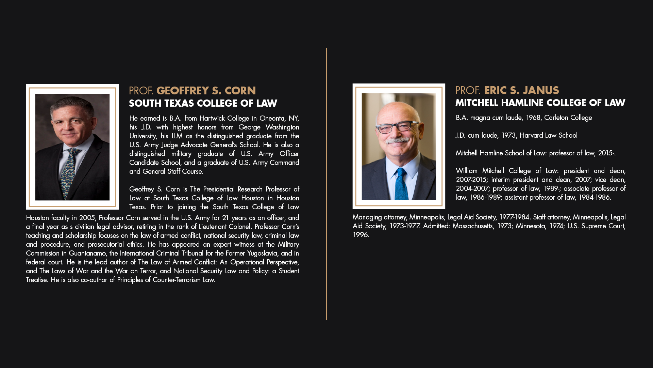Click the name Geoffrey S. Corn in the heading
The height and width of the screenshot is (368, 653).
pyautogui.click(x=206, y=91)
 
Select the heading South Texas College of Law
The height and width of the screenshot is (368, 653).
pyautogui.click(x=203, y=103)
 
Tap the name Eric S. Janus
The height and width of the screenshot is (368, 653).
pyautogui.click(x=521, y=90)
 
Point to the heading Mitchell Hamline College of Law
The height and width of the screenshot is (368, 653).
pyautogui.click(x=540, y=103)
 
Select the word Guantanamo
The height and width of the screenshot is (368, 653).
pyautogui.click(x=87, y=253)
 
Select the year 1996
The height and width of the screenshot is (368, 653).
pyautogui.click(x=360, y=235)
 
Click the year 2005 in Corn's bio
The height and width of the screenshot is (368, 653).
pyautogui.click(x=87, y=218)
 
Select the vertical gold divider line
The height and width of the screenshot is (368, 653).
pyautogui.click(x=326, y=184)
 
